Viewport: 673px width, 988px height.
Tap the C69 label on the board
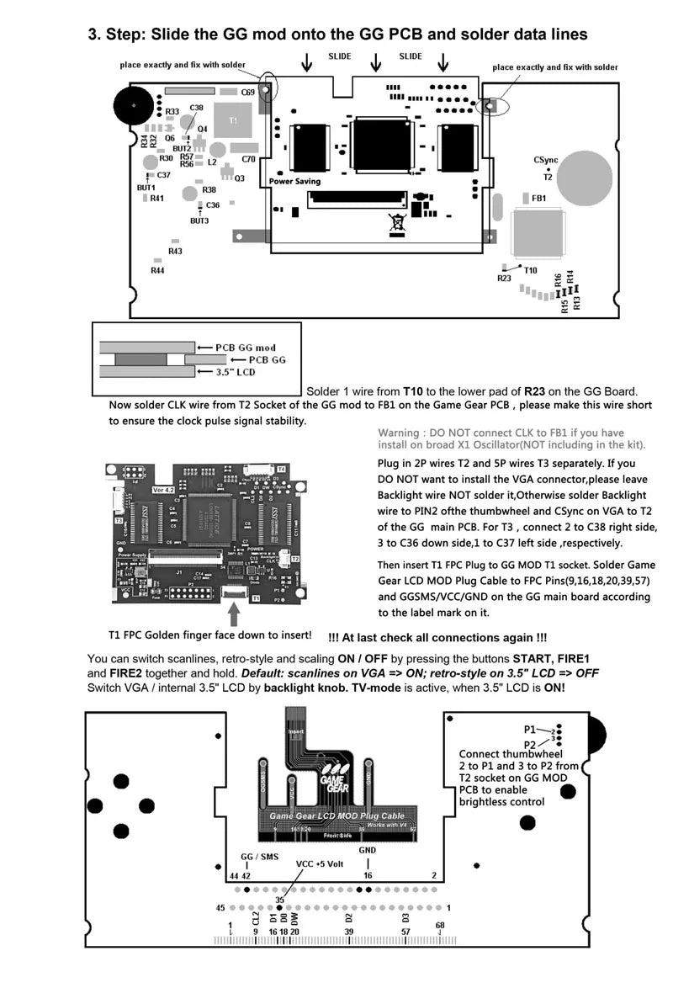[248, 92]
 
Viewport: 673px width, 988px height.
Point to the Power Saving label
[295, 181]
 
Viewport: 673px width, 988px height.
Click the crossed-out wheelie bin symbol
[396, 223]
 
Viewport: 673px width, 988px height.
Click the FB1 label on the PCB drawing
[539, 199]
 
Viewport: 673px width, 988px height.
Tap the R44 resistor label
[157, 270]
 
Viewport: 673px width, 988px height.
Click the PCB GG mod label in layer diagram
[246, 348]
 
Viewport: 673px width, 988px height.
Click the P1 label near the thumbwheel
[530, 729]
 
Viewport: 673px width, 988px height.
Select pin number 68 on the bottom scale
[439, 927]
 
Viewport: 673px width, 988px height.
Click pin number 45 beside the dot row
[220, 908]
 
